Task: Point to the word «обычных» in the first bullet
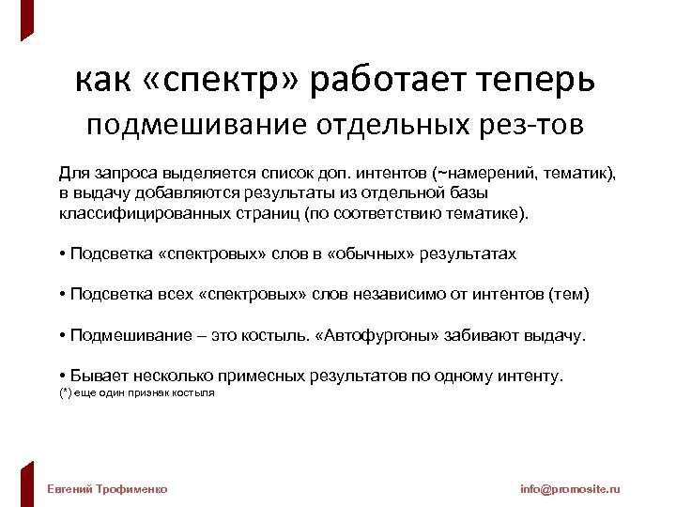click(x=384, y=254)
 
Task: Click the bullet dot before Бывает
click(x=60, y=376)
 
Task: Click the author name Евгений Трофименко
click(x=107, y=489)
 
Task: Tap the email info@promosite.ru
click(x=570, y=489)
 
